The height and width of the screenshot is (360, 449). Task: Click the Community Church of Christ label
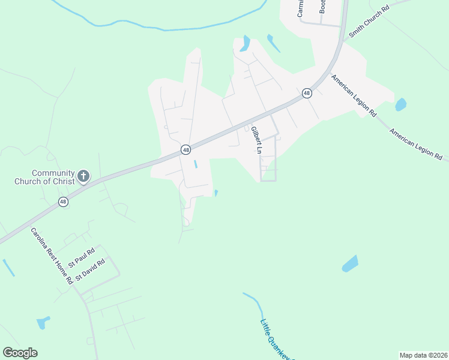tap(44, 177)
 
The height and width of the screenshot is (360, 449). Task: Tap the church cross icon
tap(83, 176)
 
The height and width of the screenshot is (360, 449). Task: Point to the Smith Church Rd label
tap(369, 22)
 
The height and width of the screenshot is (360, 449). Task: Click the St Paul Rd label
tap(82, 257)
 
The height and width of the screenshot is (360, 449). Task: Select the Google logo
tap(20, 353)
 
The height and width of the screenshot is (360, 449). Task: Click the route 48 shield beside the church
tap(63, 202)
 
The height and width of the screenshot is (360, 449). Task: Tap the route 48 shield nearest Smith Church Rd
tap(307, 93)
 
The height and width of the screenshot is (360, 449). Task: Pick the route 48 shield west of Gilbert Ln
tap(185, 149)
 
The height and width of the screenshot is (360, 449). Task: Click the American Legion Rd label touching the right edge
tap(415, 144)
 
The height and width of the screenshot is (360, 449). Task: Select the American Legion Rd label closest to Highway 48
tap(354, 95)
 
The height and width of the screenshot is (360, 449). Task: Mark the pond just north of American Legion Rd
tap(400, 105)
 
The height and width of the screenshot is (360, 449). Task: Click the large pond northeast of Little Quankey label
tap(350, 263)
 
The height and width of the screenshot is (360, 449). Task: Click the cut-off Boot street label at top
tap(322, 6)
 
